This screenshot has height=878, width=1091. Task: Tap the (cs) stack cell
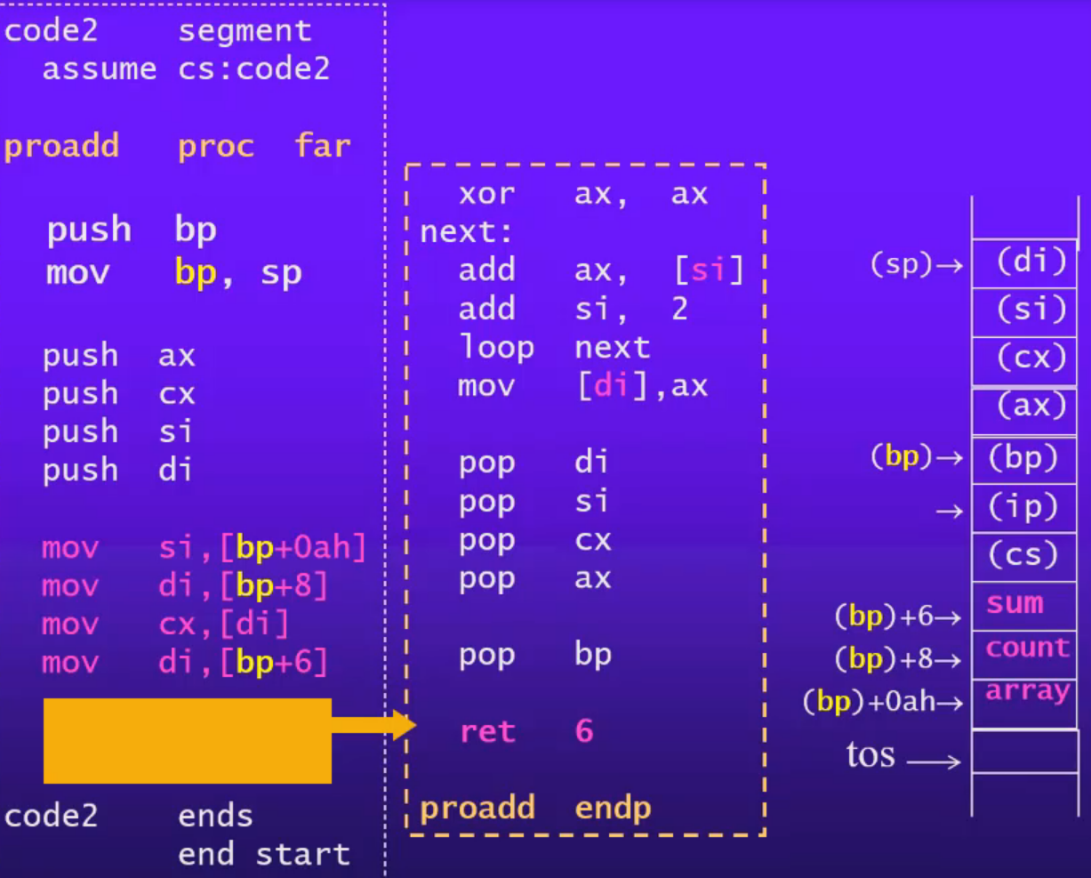pyautogui.click(x=1023, y=555)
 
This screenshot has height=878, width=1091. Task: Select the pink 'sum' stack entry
pyautogui.click(x=1015, y=604)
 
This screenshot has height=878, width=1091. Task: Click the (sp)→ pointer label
pyautogui.click(x=916, y=264)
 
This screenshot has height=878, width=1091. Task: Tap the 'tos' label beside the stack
pyautogui.click(x=870, y=755)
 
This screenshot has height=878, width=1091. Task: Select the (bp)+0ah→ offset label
pyautogui.click(x=882, y=702)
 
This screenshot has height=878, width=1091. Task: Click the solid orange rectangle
pyautogui.click(x=188, y=740)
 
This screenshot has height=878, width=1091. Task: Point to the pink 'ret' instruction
pyautogui.click(x=487, y=732)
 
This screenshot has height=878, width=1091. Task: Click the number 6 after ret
pyautogui.click(x=584, y=731)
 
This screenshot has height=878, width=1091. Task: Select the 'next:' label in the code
pyautogui.click(x=467, y=232)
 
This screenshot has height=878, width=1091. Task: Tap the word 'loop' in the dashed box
pyautogui.click(x=496, y=348)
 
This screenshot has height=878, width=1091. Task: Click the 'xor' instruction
pyautogui.click(x=486, y=194)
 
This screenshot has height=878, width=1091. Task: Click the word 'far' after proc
pyautogui.click(x=322, y=146)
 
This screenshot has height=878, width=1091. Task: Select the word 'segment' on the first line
pyautogui.click(x=245, y=31)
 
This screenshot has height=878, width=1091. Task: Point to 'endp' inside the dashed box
pyautogui.click(x=613, y=808)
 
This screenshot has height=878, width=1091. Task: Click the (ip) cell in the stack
pyautogui.click(x=1023, y=507)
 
